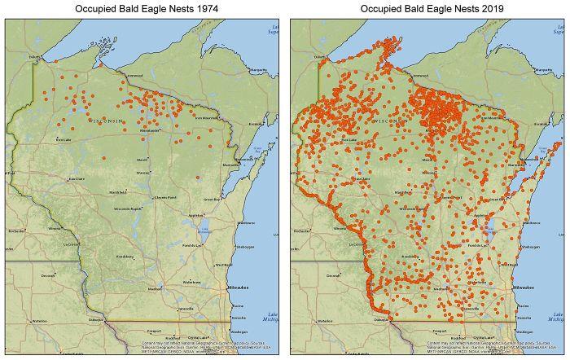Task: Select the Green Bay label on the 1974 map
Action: click(x=211, y=199)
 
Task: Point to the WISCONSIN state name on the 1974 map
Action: click(x=107, y=121)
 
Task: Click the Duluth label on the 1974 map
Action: click(x=34, y=56)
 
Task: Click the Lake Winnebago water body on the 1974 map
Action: click(x=203, y=230)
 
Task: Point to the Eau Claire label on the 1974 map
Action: click(x=76, y=178)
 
